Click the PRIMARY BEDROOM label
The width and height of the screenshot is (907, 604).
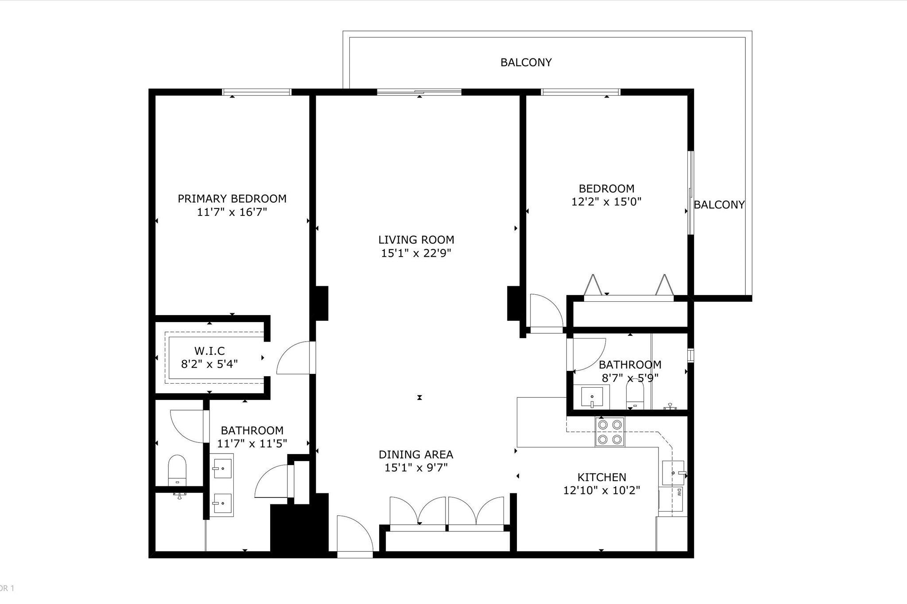(x=232, y=199)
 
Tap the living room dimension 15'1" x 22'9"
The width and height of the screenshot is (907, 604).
(x=416, y=254)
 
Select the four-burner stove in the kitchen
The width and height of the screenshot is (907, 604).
(x=609, y=432)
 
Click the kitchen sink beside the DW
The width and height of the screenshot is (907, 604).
(x=673, y=473)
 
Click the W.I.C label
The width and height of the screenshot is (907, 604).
(x=209, y=351)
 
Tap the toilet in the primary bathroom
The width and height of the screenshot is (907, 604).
(x=177, y=470)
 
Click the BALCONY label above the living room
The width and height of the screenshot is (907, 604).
(x=526, y=62)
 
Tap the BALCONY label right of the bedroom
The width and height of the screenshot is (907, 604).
(x=719, y=205)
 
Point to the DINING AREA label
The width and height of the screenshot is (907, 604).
(x=415, y=454)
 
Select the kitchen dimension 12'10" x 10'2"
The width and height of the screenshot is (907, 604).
(x=601, y=491)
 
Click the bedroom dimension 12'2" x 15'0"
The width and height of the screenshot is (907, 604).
(x=606, y=202)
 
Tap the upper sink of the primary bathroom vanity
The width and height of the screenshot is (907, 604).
(x=222, y=468)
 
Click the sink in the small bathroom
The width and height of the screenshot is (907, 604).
(x=592, y=397)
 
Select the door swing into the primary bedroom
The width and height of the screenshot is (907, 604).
(x=295, y=358)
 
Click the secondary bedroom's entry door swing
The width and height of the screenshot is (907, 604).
(x=546, y=312)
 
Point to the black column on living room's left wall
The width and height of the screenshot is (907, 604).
(x=321, y=303)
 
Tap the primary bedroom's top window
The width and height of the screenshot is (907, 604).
(x=256, y=92)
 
